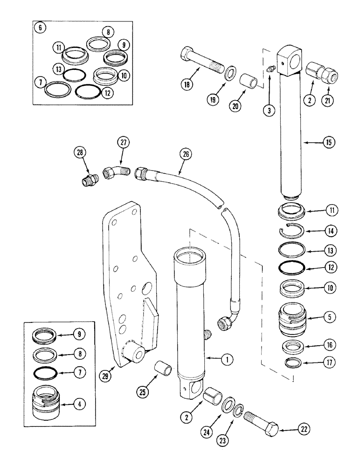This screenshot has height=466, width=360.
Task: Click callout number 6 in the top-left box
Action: [40, 27]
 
